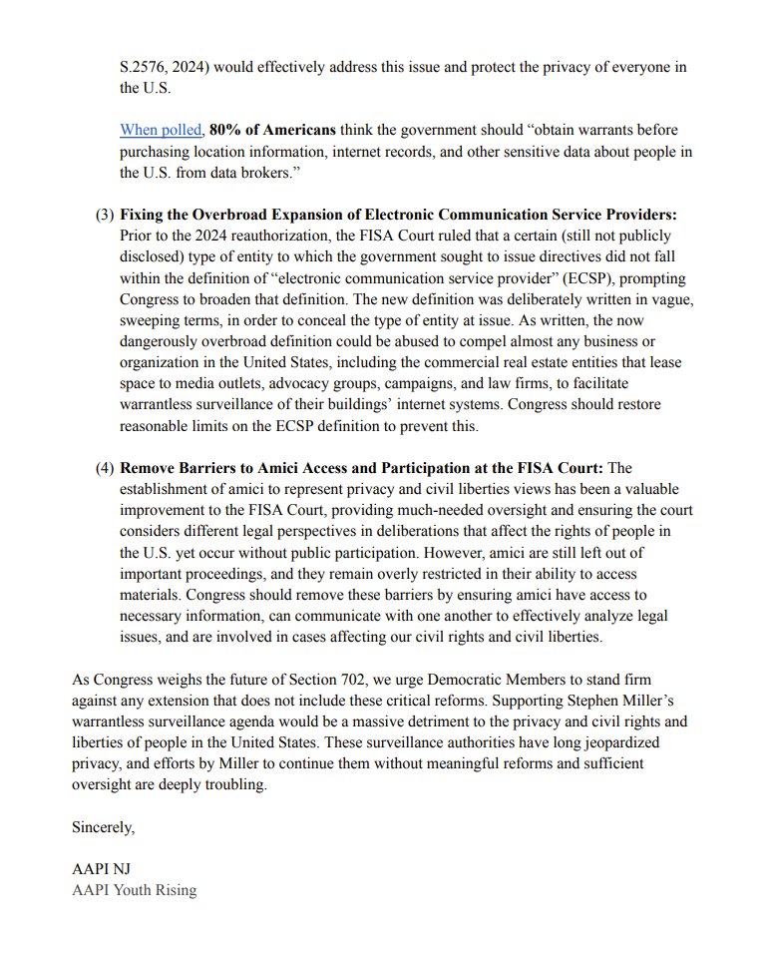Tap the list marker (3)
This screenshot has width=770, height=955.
105,215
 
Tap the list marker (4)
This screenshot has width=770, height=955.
105,468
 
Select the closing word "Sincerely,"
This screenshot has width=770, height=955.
103,826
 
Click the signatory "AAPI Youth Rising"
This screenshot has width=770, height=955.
134,890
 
